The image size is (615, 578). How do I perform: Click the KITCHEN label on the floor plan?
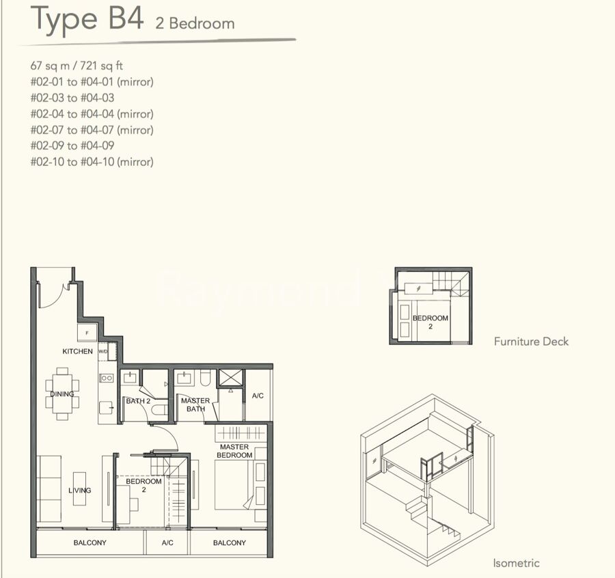click(x=77, y=351)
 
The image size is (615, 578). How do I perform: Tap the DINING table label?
click(x=62, y=394)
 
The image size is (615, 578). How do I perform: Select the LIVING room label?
click(x=80, y=490)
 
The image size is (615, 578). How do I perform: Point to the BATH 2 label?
click(x=138, y=401)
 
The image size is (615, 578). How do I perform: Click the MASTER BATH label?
click(x=195, y=404)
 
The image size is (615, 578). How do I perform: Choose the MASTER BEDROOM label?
click(x=234, y=451)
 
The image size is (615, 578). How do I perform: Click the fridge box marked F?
click(x=87, y=333)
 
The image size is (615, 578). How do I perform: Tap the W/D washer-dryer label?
click(x=102, y=351)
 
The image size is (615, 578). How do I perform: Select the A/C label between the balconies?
click(x=167, y=542)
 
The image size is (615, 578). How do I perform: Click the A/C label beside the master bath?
click(x=258, y=396)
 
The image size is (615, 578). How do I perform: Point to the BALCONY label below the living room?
click(x=90, y=542)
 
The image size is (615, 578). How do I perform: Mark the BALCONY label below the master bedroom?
click(x=230, y=542)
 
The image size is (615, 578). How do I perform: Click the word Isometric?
click(x=516, y=563)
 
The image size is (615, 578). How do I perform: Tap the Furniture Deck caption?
click(x=531, y=342)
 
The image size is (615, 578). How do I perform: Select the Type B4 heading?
click(x=87, y=18)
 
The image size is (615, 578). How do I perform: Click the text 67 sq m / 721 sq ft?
click(x=77, y=66)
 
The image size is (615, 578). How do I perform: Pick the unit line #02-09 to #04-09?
click(x=72, y=146)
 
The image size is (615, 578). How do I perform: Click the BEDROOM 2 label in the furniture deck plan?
click(x=430, y=322)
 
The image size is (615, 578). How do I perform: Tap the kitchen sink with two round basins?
click(x=107, y=378)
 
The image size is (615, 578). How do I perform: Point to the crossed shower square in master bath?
click(x=231, y=378)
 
